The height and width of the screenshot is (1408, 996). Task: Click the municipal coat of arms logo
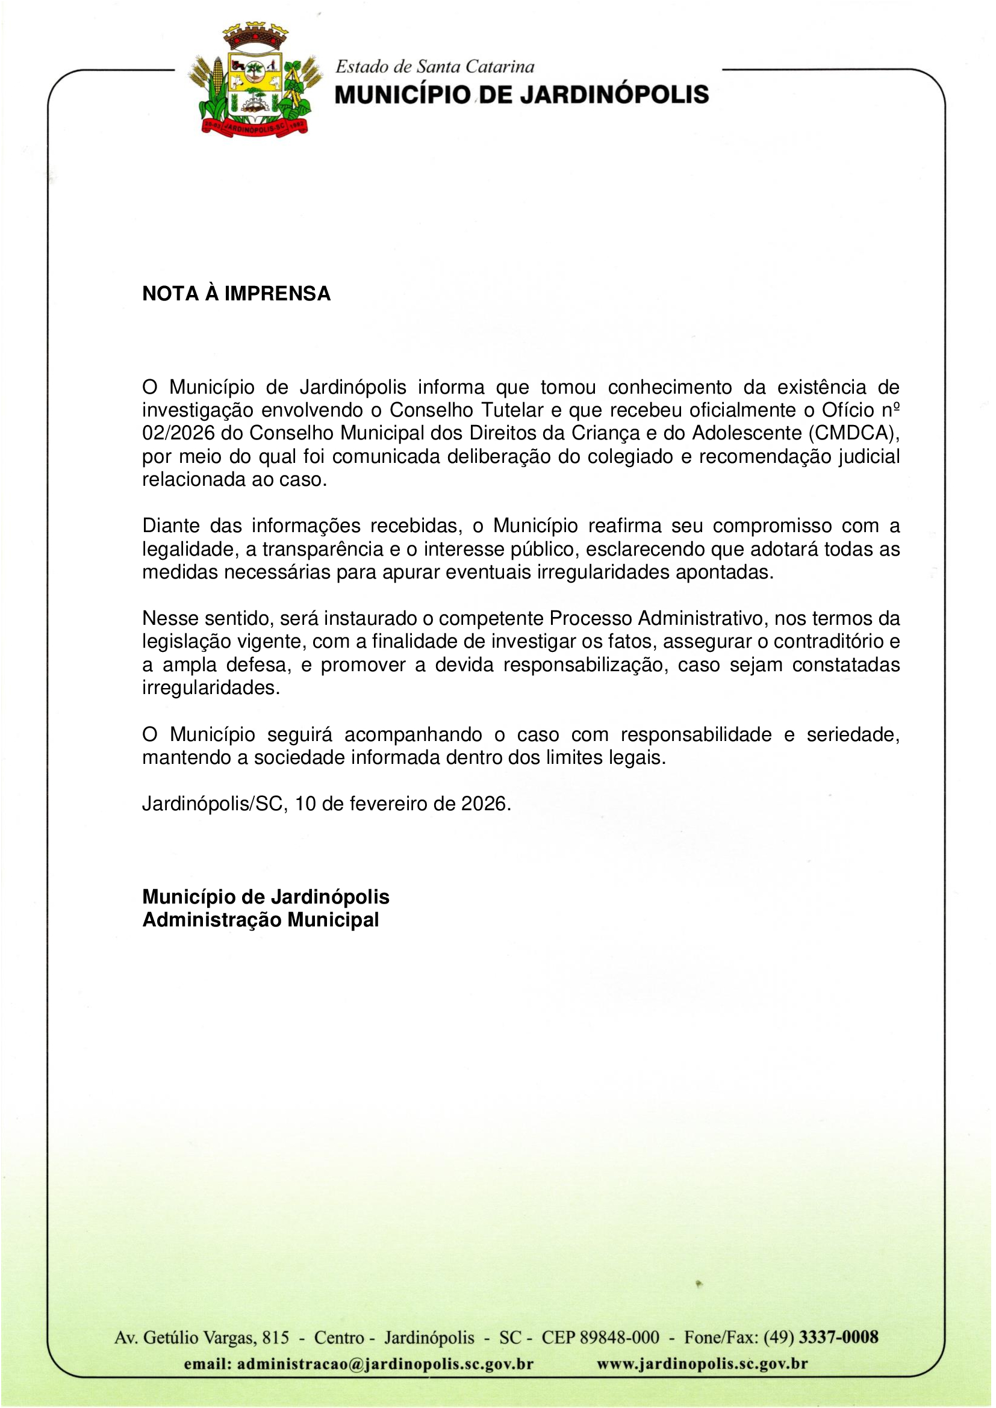click(x=254, y=81)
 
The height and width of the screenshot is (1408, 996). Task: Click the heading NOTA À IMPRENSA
click(x=236, y=294)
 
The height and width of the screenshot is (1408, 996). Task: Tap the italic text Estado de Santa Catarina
click(x=435, y=66)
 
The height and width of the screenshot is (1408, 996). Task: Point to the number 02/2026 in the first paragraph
click(x=178, y=433)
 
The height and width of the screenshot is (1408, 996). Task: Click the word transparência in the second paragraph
click(x=323, y=550)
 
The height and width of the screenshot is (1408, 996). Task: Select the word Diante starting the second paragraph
click(x=171, y=526)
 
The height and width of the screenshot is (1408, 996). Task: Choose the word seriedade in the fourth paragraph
click(x=853, y=734)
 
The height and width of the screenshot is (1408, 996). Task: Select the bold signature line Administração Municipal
click(x=261, y=920)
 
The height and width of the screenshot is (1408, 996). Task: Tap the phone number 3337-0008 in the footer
click(x=838, y=1338)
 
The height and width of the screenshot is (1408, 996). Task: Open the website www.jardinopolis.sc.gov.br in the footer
click(x=702, y=1365)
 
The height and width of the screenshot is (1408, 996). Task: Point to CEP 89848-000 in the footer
click(x=600, y=1338)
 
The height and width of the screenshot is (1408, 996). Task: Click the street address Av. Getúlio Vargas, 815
click(x=201, y=1338)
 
